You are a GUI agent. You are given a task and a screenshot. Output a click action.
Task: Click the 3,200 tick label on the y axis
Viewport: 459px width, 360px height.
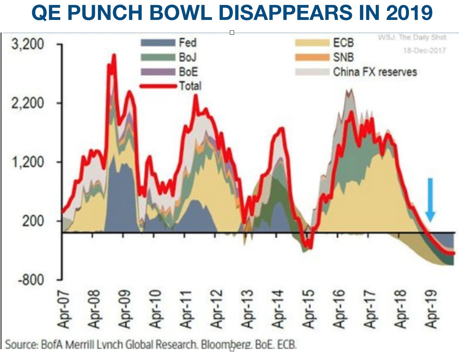[x=28, y=44]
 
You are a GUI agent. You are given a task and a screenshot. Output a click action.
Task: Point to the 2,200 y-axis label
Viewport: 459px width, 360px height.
[x=28, y=103]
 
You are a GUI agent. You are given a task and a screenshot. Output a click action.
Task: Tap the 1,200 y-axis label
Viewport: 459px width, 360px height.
[x=28, y=162]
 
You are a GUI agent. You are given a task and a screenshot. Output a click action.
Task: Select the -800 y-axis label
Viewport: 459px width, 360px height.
[x=31, y=280]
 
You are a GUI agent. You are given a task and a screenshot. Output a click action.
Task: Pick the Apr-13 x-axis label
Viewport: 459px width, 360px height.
[x=247, y=309]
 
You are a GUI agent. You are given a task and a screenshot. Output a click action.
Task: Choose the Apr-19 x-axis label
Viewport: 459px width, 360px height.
[x=432, y=309]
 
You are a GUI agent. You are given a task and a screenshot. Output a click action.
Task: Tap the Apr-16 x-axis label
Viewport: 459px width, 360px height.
[x=339, y=309]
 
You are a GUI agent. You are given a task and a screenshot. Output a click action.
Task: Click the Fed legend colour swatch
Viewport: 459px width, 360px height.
[x=158, y=43]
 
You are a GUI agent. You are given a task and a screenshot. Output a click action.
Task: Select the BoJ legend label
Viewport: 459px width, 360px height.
[x=188, y=57]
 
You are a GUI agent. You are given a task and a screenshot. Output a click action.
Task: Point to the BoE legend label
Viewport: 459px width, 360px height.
[x=188, y=72]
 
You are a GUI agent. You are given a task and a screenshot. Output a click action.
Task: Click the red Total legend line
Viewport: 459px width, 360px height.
[x=158, y=86]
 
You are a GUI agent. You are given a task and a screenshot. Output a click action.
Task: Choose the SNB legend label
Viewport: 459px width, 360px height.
[x=343, y=57]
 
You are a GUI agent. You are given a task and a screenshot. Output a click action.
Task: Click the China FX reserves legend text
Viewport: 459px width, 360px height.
[x=375, y=72]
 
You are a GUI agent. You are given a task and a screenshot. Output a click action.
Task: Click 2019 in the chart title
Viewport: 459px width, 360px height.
[x=409, y=12]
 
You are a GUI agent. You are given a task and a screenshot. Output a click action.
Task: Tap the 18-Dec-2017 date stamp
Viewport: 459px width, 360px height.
[x=424, y=50]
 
